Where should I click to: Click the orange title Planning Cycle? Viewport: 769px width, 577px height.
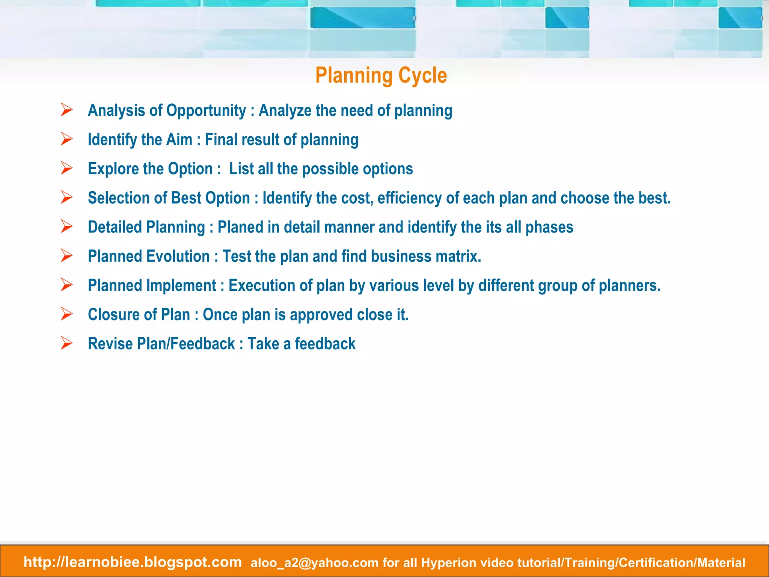pos(381,76)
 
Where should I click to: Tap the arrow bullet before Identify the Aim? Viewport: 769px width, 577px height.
pos(66,139)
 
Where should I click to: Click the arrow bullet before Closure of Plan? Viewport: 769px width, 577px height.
pos(66,314)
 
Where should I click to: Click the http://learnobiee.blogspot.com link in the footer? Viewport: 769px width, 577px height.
pos(133,562)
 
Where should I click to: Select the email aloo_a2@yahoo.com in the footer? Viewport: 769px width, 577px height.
pos(314,563)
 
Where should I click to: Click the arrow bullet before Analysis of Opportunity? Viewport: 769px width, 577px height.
pos(66,110)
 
